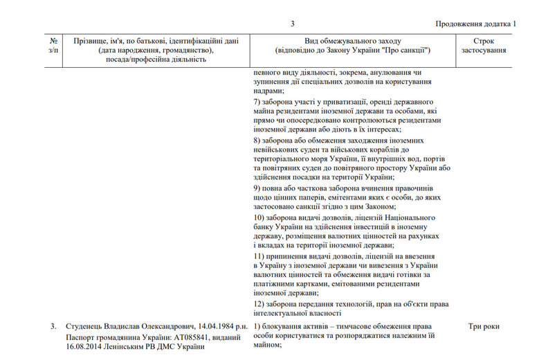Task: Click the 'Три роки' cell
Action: (484, 325)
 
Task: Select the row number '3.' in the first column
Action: (53, 325)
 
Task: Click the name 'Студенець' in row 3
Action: (85, 325)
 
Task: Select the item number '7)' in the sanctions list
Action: (257, 102)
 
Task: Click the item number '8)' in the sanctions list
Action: (257, 140)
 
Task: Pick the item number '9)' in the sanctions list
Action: (257, 188)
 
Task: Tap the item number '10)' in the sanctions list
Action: (259, 217)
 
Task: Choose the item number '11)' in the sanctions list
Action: (259, 256)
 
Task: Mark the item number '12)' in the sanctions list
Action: (259, 304)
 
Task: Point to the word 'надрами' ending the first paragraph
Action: (268, 91)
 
